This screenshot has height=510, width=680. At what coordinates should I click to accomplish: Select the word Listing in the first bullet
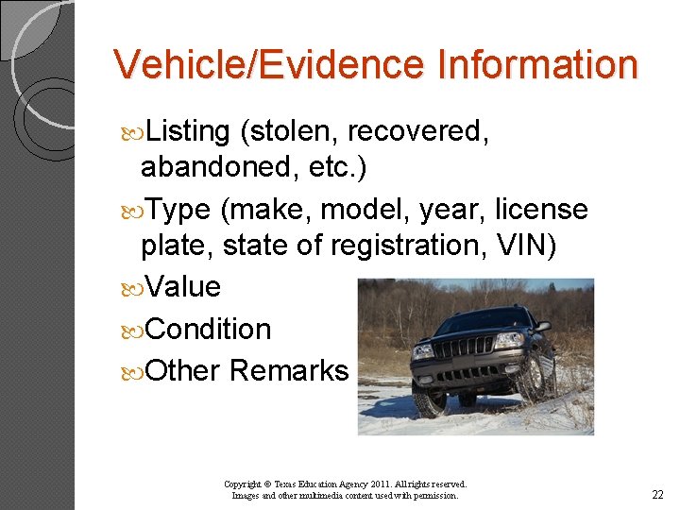pyautogui.click(x=189, y=132)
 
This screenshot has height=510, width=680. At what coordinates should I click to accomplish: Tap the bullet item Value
pyautogui.click(x=183, y=286)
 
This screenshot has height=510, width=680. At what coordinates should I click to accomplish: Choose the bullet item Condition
pyautogui.click(x=209, y=329)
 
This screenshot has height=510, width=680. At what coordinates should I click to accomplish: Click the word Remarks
pyautogui.click(x=289, y=370)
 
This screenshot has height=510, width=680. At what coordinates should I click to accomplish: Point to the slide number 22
pyautogui.click(x=658, y=495)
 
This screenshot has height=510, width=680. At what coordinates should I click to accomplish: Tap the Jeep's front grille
pyautogui.click(x=462, y=347)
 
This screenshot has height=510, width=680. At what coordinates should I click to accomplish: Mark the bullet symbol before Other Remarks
pyautogui.click(x=136, y=371)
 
